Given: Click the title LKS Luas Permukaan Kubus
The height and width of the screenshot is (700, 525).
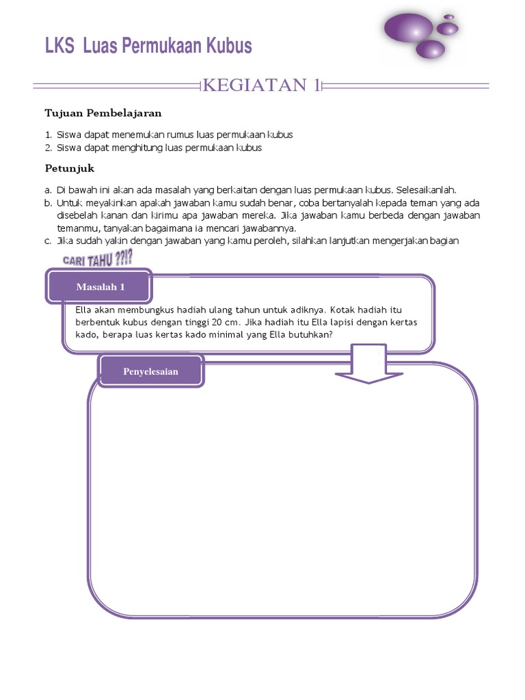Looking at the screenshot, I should click(x=148, y=46).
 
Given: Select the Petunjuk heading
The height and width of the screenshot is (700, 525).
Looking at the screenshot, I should click(x=69, y=167).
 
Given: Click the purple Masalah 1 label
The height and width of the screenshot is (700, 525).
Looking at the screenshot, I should click(x=100, y=287).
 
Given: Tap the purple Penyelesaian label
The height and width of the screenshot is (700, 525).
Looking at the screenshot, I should click(x=150, y=371).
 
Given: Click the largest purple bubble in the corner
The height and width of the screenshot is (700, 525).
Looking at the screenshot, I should click(x=408, y=27).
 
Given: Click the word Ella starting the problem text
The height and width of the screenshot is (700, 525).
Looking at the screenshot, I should click(x=83, y=309).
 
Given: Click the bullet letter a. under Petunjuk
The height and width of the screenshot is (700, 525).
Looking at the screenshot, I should click(x=49, y=190).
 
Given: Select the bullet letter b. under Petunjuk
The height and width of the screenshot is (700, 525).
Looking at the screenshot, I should click(x=49, y=203).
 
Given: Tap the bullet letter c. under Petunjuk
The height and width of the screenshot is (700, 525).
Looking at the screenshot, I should click(x=49, y=241).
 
